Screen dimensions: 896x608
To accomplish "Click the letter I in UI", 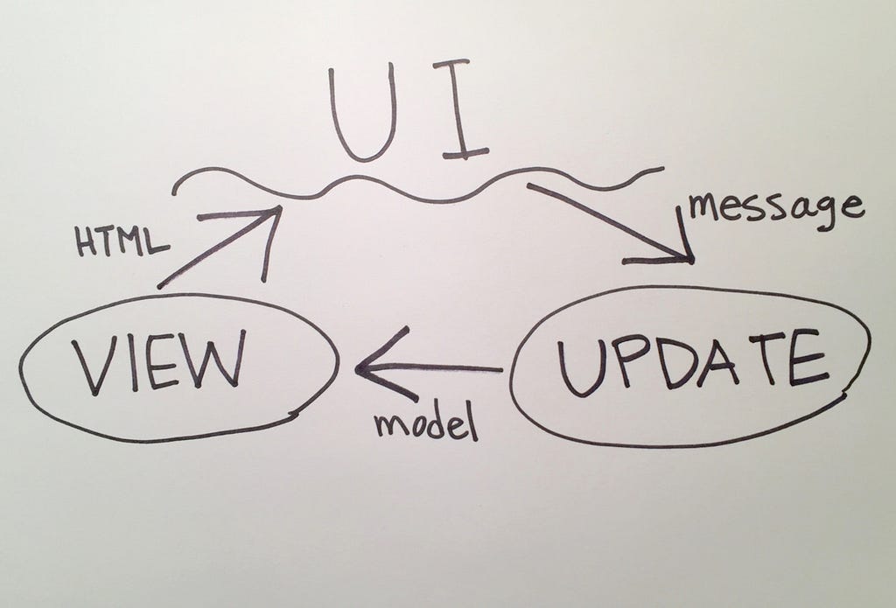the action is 460,108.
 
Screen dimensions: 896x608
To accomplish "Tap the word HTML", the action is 122,240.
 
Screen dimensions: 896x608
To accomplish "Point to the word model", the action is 426,422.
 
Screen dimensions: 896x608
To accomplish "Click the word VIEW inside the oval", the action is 159,362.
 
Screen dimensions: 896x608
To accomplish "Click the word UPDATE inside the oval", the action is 692,362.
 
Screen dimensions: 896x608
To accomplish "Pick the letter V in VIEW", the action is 91,366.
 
